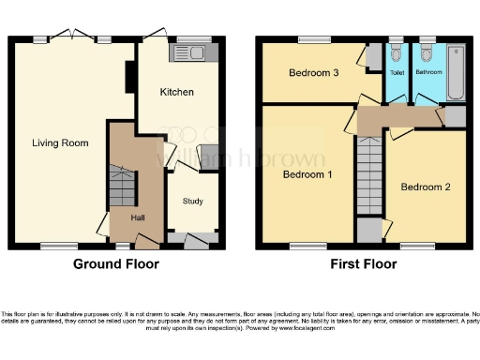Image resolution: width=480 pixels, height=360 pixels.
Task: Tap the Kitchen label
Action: pos(176,92)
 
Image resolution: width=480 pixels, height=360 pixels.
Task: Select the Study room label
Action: pos(193,201)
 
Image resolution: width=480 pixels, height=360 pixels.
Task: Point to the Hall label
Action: pos(138,218)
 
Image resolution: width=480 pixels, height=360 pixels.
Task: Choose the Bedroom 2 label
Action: pos(426,187)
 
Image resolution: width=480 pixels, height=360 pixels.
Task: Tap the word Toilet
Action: pos(397,72)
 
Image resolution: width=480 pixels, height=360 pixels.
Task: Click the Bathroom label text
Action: pos(430,72)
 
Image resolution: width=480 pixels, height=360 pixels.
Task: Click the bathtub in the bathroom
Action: pos(457,72)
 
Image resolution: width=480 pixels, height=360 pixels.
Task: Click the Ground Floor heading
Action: pos(116,264)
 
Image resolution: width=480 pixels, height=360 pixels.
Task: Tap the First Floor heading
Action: pos(363,264)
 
